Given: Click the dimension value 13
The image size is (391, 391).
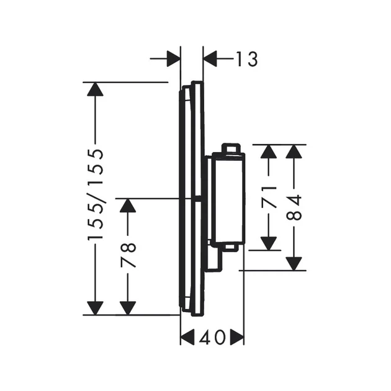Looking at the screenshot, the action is point(246,59).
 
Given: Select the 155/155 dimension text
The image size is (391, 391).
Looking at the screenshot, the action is point(95,194).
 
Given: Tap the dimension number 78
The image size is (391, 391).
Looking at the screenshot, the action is point(128,255).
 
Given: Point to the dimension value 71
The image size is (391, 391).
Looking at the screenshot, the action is point(269,197).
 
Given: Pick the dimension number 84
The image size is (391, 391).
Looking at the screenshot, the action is point(294,208).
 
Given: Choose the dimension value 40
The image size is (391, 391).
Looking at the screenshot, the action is point(212,338).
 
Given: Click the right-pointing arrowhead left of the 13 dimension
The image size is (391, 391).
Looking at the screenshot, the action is point(173,59).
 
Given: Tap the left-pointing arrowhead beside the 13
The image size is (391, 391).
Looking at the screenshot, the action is point(210,59).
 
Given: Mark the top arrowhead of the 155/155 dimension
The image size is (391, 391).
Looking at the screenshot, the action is point(95,89).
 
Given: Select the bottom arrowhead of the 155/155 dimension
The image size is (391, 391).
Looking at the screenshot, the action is point(95,308).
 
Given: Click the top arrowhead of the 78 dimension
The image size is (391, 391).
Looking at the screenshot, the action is point(128,205).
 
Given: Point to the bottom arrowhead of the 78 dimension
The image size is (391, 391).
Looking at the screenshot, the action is point(128,308).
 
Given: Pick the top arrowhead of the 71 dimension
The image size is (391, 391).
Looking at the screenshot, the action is point(269,151).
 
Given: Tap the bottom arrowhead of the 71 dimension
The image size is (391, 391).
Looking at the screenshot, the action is point(269,243).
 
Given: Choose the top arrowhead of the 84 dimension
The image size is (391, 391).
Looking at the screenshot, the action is point(294,151).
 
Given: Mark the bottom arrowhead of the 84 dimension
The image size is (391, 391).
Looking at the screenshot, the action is point(294,264).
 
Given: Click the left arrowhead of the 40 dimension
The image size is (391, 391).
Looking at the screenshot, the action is point(187,338).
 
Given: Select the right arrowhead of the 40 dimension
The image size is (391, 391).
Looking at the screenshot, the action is point(237,338).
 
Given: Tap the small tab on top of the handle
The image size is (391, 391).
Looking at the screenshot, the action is point(231,148).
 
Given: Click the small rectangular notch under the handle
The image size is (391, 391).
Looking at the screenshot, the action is point(230,247).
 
